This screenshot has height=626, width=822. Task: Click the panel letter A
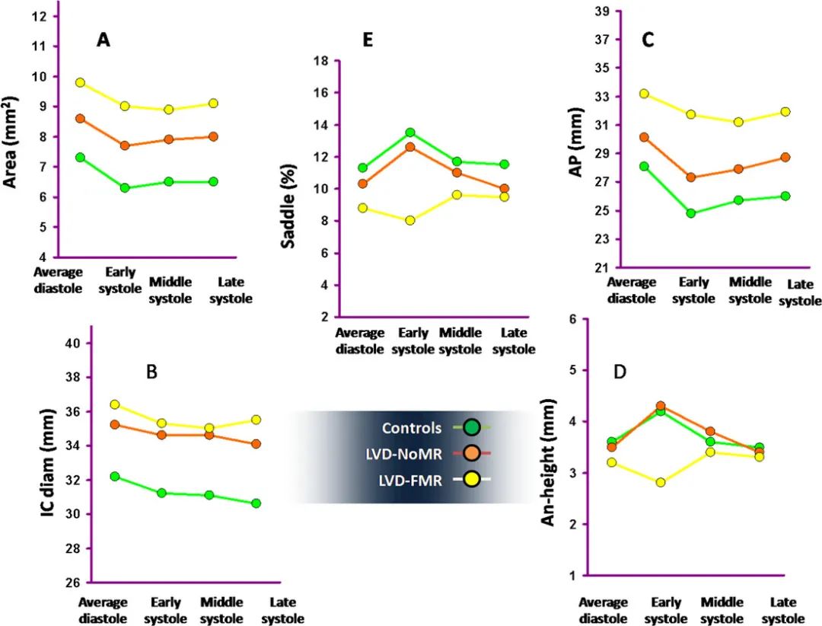(104, 41)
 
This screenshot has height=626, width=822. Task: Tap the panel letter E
(368, 41)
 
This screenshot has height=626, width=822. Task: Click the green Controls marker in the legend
(471, 428)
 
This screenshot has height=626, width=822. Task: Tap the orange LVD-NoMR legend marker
(471, 453)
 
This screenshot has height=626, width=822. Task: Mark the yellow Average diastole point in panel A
(80, 82)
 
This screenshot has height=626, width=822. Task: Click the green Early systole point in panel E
(409, 133)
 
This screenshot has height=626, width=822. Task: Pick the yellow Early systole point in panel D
(661, 482)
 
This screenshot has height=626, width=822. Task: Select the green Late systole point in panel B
(256, 503)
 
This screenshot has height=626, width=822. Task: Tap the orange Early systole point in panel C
(690, 177)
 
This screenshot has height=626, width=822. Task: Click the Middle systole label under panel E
(460, 342)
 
